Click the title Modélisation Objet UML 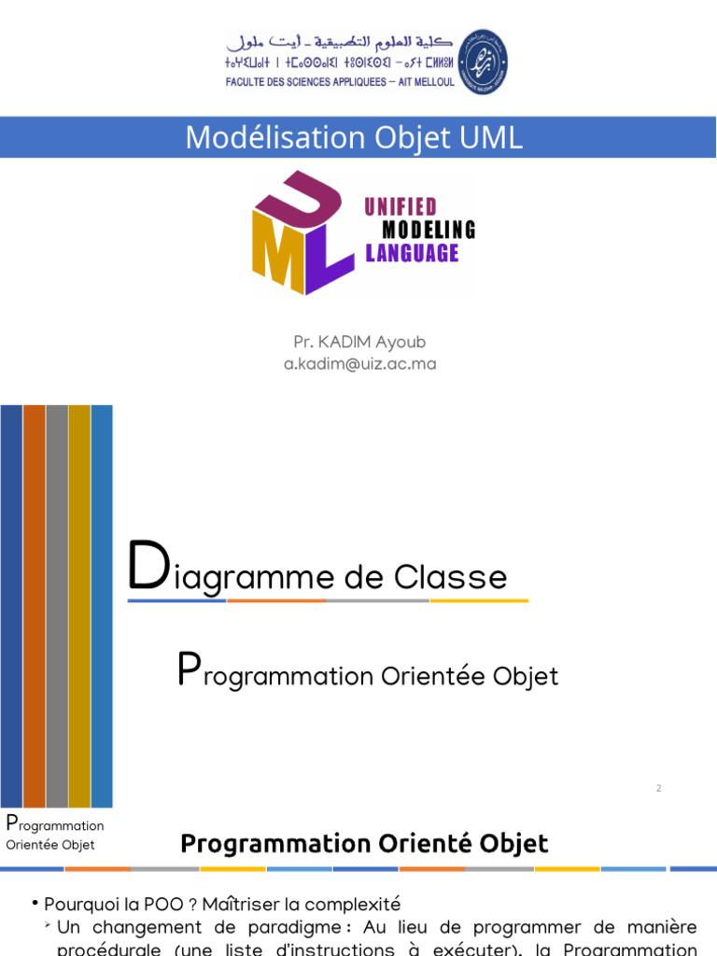(354, 137)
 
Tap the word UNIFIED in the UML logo (401, 207)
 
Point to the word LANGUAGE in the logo (412, 253)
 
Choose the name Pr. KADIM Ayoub (358, 343)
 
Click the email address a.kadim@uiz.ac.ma (359, 364)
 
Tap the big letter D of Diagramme (148, 569)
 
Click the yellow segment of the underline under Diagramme (478, 600)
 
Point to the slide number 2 (658, 788)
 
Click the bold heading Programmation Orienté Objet (364, 844)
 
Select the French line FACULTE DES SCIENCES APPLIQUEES (340, 81)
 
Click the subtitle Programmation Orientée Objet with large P (368, 673)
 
